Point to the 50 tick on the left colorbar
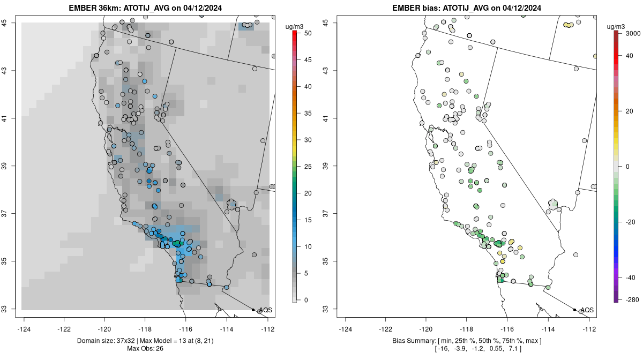point(308,33)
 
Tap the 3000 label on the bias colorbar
point(633,33)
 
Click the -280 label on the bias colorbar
point(631,299)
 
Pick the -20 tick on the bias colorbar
point(631,222)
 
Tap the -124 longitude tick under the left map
point(24,329)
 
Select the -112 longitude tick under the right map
point(589,329)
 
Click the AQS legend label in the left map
point(265,310)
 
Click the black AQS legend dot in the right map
point(574,310)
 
